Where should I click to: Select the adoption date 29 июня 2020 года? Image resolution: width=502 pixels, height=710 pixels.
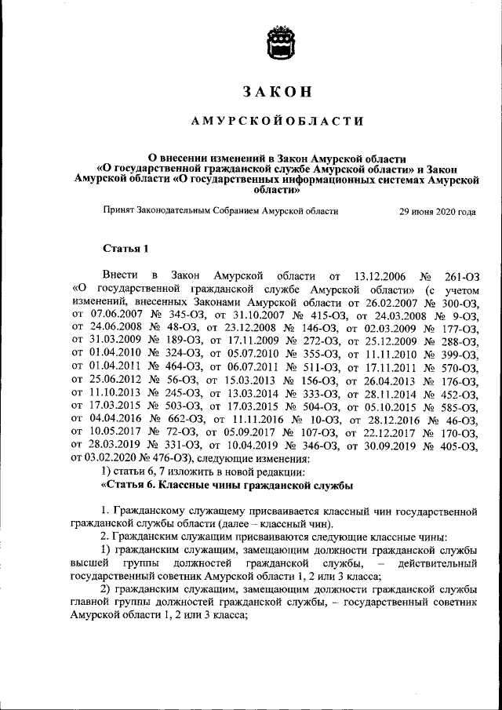[437, 212]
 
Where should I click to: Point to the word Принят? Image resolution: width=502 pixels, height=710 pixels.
[120, 212]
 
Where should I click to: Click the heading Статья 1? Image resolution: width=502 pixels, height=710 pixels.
[125, 249]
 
